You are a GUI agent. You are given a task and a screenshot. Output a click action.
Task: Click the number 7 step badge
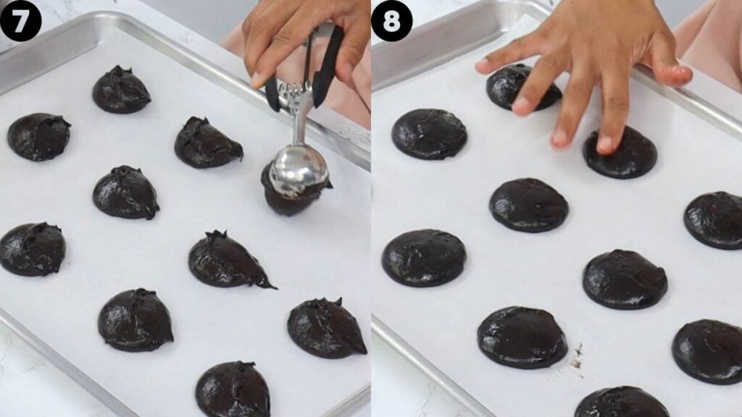tap(20, 20)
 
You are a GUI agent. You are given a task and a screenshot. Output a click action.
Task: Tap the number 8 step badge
tap(391, 20)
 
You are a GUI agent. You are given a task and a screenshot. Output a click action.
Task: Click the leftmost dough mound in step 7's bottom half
tap(32, 249)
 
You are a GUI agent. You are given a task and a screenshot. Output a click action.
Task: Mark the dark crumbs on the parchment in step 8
tap(578, 356)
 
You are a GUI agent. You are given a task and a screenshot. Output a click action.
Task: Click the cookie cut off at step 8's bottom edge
tap(621, 403)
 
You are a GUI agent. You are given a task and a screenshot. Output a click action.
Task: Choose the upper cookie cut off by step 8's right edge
tap(716, 220)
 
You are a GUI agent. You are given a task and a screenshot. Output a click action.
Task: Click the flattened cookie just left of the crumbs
tap(522, 337)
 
